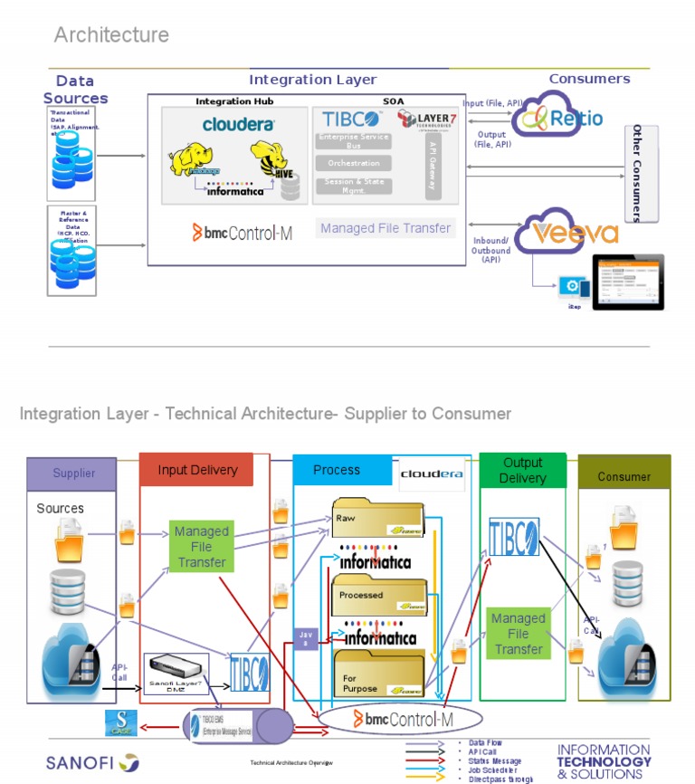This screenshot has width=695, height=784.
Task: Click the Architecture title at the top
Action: [111, 35]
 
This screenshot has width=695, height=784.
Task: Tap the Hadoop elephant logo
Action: [195, 160]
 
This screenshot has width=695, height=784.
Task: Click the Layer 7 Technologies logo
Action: [430, 120]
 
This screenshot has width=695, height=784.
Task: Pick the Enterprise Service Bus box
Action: [353, 140]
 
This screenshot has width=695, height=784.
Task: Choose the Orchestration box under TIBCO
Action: [353, 164]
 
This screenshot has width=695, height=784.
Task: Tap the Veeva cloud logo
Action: [567, 232]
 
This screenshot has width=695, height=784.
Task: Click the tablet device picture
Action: [627, 282]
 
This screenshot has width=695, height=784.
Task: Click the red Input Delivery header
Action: [196, 470]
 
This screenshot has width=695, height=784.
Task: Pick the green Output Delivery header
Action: [523, 471]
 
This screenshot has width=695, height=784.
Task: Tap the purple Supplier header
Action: [73, 473]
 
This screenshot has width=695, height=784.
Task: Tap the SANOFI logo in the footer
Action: [92, 762]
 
